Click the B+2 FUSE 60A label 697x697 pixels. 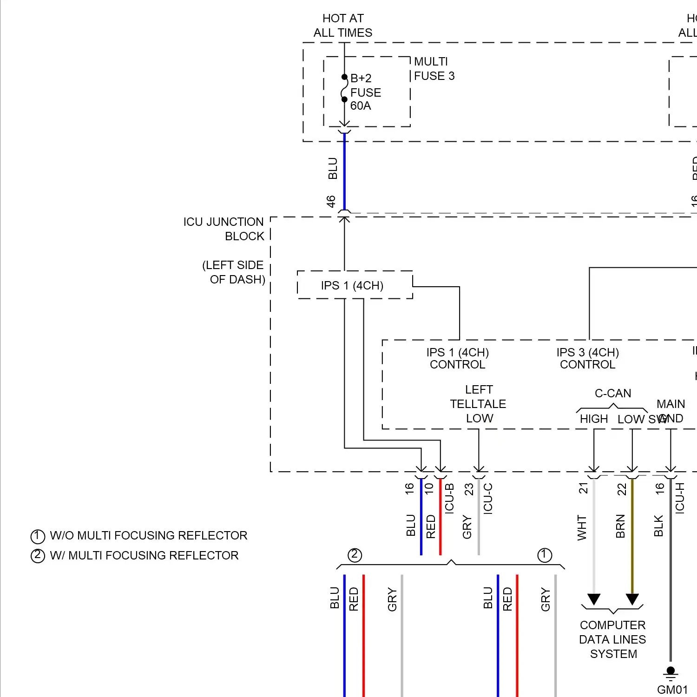click(365, 92)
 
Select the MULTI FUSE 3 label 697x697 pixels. click(434, 69)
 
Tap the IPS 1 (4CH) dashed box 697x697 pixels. click(352, 285)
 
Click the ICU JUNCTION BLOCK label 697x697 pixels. click(224, 229)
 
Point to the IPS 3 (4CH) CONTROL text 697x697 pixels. click(587, 358)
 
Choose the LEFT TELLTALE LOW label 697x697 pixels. click(479, 404)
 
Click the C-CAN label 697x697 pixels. click(613, 393)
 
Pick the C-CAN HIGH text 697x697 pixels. click(593, 419)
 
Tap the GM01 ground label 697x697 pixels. click(672, 690)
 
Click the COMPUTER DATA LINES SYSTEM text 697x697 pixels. click(613, 639)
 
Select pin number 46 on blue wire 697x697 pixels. click(331, 201)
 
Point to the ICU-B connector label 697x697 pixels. click(449, 498)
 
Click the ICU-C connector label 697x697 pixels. click(488, 498)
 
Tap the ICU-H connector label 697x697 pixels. click(680, 498)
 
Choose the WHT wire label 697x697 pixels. click(582, 527)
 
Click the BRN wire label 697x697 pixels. click(620, 526)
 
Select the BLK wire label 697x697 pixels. click(658, 526)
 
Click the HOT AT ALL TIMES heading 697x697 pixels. click(343, 26)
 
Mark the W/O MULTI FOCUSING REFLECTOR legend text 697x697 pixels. click(148, 535)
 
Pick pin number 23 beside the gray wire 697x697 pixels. click(469, 489)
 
